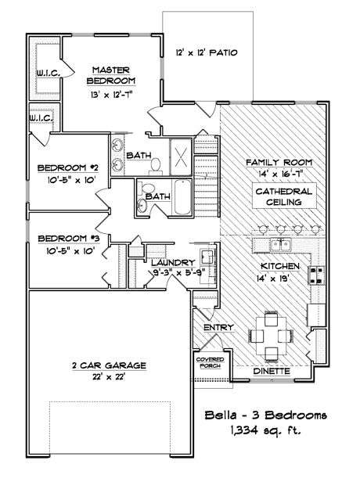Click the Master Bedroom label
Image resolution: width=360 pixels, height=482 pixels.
click(x=111, y=76)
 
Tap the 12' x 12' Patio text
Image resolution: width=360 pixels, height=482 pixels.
click(x=207, y=53)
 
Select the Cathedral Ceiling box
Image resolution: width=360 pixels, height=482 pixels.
click(x=284, y=196)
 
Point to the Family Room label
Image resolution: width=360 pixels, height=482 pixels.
click(x=279, y=162)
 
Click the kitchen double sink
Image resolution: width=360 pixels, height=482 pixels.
click(x=281, y=245)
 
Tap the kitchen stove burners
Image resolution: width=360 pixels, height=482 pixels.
click(x=316, y=275)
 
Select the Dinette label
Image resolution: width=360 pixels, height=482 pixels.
click(x=272, y=372)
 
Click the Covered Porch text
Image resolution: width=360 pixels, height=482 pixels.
click(x=211, y=363)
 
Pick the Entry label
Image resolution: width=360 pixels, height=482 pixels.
click(x=219, y=328)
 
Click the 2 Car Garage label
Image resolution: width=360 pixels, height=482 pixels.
click(x=109, y=365)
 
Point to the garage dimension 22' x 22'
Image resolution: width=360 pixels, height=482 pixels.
click(x=109, y=376)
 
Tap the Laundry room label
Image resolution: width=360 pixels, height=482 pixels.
click(x=174, y=263)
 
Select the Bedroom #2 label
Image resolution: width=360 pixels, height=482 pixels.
click(x=68, y=168)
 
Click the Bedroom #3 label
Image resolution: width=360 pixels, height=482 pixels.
click(x=69, y=239)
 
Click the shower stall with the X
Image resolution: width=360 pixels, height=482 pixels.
click(x=181, y=157)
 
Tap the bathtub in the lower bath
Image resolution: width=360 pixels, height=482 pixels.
click(x=183, y=196)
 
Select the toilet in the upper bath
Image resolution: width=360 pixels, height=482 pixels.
click(x=156, y=166)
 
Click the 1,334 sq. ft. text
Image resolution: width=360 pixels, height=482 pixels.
click(x=264, y=430)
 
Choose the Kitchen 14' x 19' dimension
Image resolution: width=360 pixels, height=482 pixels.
click(x=273, y=279)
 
